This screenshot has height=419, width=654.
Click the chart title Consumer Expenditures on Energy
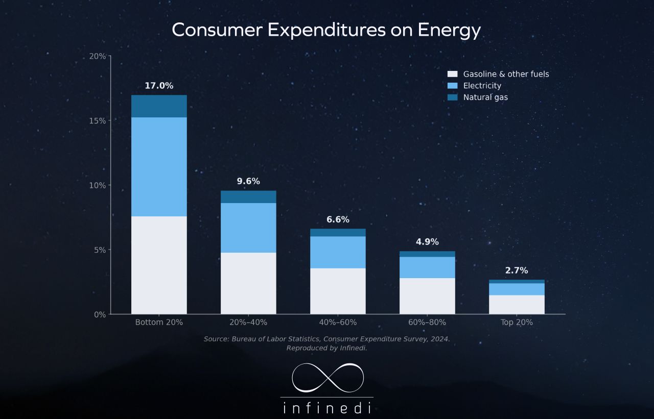(x=326, y=30)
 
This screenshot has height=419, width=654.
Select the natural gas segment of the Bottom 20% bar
(x=159, y=106)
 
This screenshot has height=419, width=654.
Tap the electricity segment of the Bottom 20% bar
(x=159, y=167)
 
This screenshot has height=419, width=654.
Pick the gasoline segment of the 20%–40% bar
(x=248, y=283)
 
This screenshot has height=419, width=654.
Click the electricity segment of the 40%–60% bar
(x=338, y=252)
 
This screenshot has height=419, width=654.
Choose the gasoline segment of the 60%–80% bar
(x=427, y=296)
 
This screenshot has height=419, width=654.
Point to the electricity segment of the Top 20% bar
(x=517, y=289)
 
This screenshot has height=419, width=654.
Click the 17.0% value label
(x=159, y=86)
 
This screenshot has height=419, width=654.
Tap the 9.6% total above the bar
(x=248, y=181)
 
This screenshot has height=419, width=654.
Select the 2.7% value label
(x=517, y=270)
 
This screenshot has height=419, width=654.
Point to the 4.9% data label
(x=427, y=242)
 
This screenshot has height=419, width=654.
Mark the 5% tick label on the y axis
(x=100, y=250)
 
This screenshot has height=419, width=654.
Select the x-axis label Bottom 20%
(x=159, y=323)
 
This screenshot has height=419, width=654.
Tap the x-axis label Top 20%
(x=517, y=323)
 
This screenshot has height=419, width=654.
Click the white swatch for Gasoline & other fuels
(x=452, y=74)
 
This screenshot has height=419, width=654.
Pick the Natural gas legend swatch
(x=452, y=97)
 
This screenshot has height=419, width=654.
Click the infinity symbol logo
(x=328, y=378)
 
